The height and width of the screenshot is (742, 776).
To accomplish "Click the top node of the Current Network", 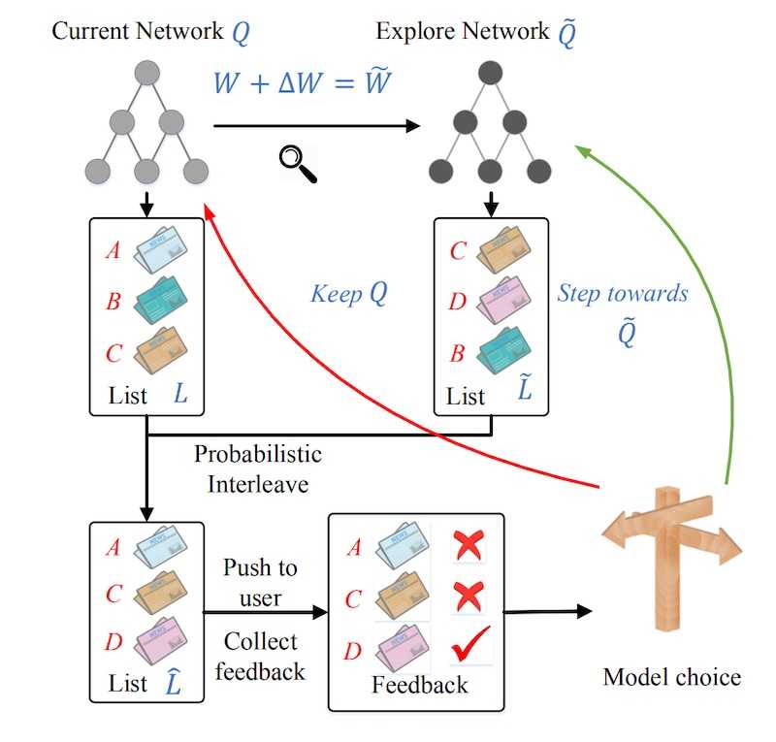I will point(145,73).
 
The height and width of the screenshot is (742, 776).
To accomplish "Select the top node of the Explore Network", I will point(490,73).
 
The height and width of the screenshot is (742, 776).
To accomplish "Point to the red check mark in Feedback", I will point(469,644).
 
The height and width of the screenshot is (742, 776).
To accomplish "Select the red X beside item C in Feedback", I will point(469,594).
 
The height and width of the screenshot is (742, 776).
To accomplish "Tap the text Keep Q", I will point(349,293).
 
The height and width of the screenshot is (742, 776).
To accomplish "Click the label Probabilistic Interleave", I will point(257,468).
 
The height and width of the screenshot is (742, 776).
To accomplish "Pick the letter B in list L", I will point(113,302).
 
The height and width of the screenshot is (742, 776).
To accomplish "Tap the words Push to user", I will point(260,582).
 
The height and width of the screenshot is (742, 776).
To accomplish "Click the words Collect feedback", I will point(260,656).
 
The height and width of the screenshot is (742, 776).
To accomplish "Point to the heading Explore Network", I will point(463,31).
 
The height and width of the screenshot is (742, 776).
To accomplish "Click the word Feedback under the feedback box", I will point(419,685).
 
